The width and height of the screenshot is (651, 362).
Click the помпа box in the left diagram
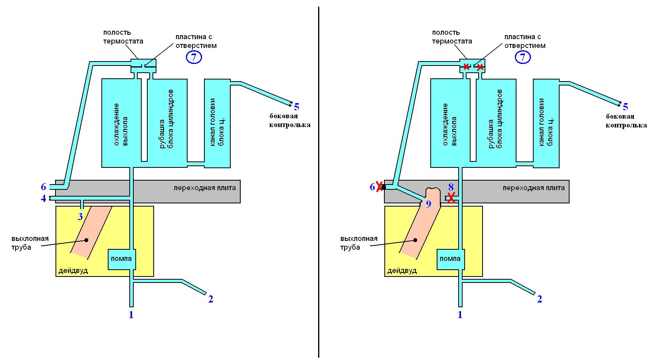(x=122, y=259)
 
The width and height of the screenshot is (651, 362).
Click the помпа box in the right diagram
(x=450, y=259)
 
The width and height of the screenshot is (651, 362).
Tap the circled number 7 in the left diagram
(x=194, y=58)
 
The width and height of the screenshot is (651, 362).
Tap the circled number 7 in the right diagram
(x=522, y=58)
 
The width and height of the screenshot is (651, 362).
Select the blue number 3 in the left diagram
(x=80, y=217)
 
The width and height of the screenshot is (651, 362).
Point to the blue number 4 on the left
(x=44, y=198)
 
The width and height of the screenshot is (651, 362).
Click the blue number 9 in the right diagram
(x=429, y=204)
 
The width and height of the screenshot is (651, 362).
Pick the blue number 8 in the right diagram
(x=451, y=187)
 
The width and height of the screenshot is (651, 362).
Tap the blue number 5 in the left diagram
(x=297, y=107)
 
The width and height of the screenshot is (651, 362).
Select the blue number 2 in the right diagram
(x=540, y=299)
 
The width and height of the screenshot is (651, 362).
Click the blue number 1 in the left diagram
(x=131, y=315)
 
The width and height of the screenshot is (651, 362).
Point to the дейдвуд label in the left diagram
(x=73, y=271)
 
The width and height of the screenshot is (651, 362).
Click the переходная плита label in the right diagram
(x=533, y=188)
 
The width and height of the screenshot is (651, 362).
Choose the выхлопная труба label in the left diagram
(x=30, y=243)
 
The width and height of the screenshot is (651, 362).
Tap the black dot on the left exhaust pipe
(x=86, y=240)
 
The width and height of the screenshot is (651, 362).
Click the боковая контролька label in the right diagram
(x=626, y=121)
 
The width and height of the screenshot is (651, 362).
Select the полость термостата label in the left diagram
(x=123, y=37)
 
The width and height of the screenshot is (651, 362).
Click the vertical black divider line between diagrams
(x=319, y=180)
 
